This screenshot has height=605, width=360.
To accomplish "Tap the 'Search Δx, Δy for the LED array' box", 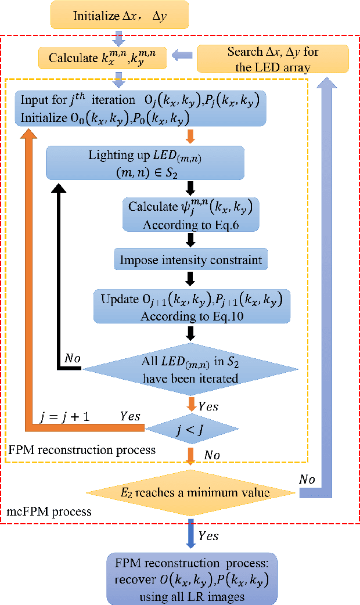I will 272,57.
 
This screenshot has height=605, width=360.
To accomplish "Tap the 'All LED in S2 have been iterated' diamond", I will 191,369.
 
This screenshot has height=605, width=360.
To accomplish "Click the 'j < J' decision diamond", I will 191,429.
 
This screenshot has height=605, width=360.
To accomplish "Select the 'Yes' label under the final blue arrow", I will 207,535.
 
